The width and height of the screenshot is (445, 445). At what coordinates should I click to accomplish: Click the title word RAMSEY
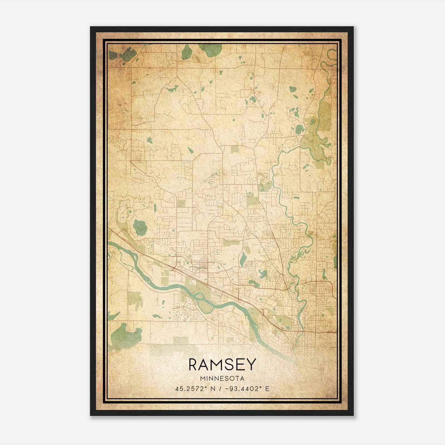222,364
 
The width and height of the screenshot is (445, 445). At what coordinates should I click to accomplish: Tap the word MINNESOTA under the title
222,379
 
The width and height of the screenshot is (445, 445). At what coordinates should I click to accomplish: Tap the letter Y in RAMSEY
251,364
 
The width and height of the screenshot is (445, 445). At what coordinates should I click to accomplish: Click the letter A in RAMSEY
205,364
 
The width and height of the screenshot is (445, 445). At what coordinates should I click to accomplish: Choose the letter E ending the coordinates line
267,389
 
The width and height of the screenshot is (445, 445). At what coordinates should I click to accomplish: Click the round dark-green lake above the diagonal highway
140,227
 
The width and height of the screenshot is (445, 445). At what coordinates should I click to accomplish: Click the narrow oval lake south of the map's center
243,259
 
